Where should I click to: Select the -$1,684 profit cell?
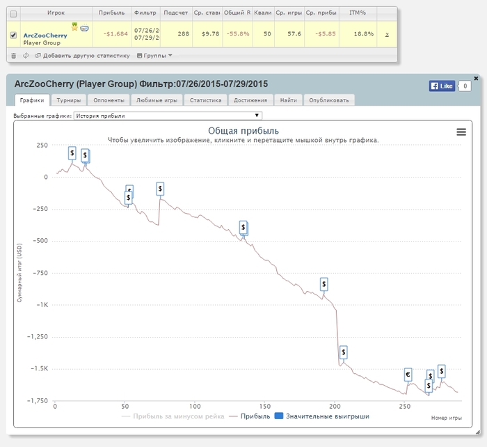pos(113,33)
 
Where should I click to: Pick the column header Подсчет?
pos(174,13)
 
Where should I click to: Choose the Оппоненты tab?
pos(109,100)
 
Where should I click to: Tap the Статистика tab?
pos(205,100)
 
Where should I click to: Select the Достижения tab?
pos(250,100)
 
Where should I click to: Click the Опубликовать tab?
pos(329,100)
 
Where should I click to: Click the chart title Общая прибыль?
pos(243,130)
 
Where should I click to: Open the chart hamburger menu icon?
pos(461,132)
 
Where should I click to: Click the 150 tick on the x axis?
pos(264,407)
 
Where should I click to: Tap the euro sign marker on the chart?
pos(408,375)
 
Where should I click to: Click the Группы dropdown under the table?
pos(155,55)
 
